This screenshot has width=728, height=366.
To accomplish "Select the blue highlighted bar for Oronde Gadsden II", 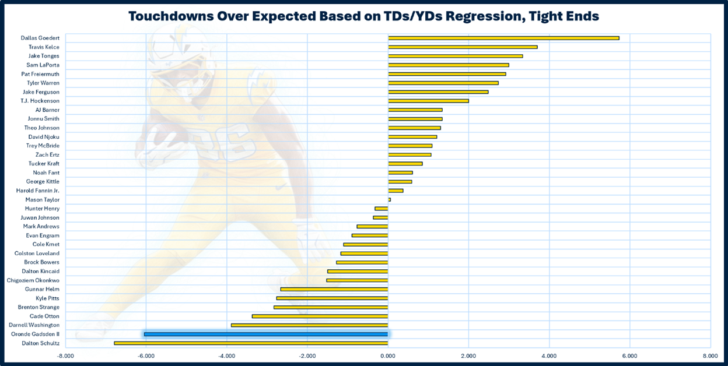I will (266, 334).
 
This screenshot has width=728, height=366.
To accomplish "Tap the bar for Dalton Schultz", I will (251, 343).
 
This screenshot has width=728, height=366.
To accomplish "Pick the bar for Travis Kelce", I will (463, 47).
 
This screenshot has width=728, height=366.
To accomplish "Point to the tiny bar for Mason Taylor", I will (389, 200).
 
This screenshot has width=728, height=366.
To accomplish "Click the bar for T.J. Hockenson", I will (428, 101).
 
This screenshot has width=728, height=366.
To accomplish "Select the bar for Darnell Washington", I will (309, 325).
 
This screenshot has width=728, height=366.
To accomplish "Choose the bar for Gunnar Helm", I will (334, 289).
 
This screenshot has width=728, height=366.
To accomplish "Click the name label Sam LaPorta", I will (43, 65).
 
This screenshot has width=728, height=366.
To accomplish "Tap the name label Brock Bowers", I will (41, 262).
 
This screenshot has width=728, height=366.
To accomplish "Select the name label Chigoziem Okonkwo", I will (33, 280).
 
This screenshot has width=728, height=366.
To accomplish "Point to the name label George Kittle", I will (42, 182).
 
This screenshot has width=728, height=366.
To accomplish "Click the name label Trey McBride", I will (43, 146).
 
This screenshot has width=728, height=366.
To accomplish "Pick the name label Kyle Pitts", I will (47, 298).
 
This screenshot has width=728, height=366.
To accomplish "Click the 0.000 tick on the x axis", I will (387, 355).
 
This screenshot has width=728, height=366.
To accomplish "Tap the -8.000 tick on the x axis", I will (65, 355).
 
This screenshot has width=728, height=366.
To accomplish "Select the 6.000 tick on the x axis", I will (629, 355).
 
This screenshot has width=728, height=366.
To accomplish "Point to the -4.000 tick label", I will (226, 355).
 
